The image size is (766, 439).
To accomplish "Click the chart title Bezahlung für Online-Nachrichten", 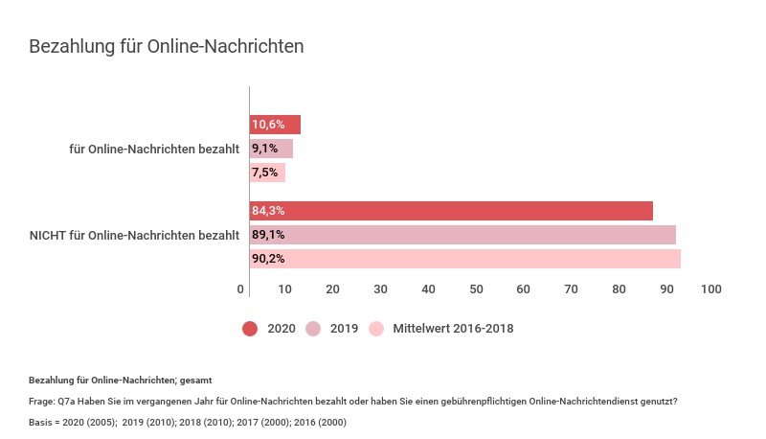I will [x=167, y=46].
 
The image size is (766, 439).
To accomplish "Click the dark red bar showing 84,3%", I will [x=451, y=211].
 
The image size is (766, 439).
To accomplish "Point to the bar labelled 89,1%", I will [x=462, y=235].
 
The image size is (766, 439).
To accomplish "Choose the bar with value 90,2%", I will [x=465, y=259].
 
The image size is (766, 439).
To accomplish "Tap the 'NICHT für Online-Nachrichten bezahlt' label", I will [x=134, y=235].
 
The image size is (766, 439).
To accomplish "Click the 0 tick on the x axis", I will [x=241, y=289].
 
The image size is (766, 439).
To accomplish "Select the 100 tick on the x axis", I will [x=710, y=289].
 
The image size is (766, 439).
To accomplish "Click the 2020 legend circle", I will [x=251, y=329].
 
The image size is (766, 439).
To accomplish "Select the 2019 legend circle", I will [x=313, y=329].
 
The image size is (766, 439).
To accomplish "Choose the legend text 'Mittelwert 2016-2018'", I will [x=453, y=329].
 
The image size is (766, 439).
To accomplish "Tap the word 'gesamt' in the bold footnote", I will [x=195, y=381].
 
